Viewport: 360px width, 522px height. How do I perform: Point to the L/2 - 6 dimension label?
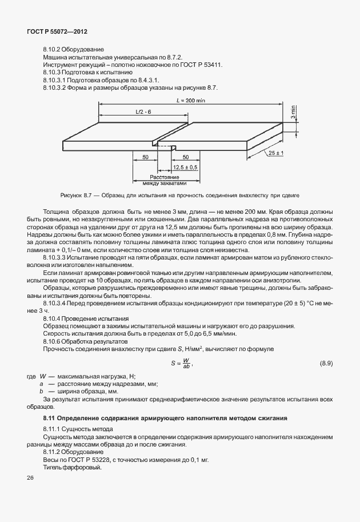point(143,111)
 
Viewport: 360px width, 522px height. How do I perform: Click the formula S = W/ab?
point(181,363)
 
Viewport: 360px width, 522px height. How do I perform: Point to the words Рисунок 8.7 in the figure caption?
point(71,196)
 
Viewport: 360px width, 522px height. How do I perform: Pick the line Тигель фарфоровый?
point(72,467)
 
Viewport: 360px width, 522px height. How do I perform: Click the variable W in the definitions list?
point(43,376)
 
